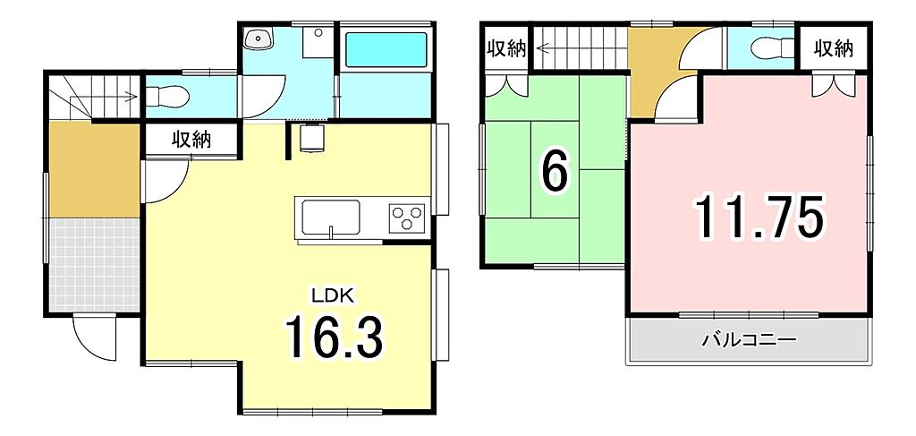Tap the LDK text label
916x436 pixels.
(333, 295)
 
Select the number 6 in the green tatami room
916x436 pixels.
(555, 174)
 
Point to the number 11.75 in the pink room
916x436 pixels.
(759, 217)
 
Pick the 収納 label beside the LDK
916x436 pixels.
(191, 141)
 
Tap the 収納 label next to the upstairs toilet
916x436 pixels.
(834, 48)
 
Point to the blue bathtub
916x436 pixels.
(386, 49)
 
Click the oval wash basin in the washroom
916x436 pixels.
(257, 39)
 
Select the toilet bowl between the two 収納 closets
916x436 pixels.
(773, 48)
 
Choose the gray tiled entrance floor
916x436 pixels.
(94, 265)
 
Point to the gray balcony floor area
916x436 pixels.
(749, 341)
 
